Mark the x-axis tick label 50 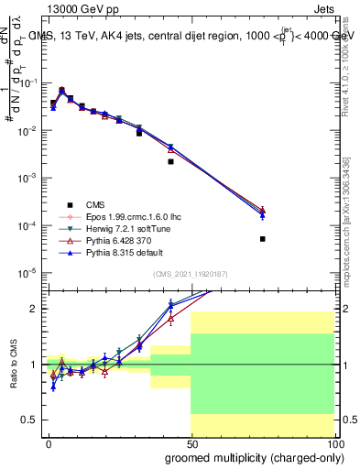(191, 443)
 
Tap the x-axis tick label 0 (49, 443)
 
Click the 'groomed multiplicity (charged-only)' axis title (249, 457)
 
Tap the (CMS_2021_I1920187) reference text (191, 274)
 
